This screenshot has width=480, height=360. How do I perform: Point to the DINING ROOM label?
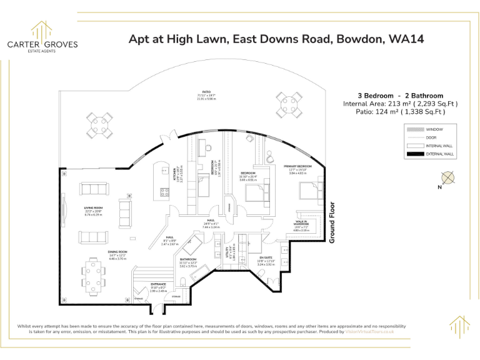click(x=100, y=252)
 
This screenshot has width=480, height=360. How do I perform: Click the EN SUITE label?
click(x=266, y=259)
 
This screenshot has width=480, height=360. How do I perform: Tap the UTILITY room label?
click(x=228, y=252)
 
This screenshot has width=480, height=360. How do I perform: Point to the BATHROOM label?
click(x=188, y=259)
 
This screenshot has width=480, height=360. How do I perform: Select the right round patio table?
click(x=290, y=102)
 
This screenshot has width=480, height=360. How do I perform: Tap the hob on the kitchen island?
click(x=166, y=192)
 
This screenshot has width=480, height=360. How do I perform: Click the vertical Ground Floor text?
click(x=332, y=222)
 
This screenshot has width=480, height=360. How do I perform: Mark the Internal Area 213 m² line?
click(x=400, y=104)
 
